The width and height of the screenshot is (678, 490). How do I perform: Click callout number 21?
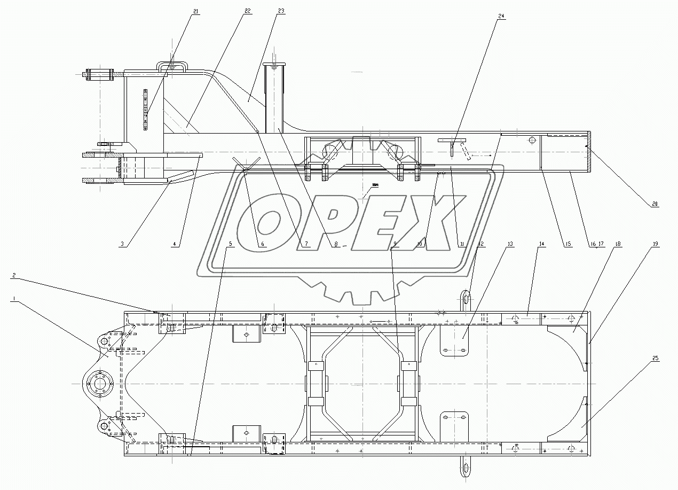(196, 11)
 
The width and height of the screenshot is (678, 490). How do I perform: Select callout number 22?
(247, 11)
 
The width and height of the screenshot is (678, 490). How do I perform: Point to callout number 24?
(501, 16)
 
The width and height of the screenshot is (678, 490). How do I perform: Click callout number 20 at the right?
(655, 203)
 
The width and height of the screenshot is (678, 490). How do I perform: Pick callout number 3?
(122, 244)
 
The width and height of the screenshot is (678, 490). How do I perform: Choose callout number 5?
(230, 244)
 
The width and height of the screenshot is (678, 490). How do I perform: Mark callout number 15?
(567, 244)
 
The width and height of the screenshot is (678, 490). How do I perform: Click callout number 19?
(655, 244)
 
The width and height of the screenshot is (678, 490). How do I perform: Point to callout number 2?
(15, 276)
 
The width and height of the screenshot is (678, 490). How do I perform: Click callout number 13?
(510, 244)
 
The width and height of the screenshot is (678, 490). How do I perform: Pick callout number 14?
(541, 244)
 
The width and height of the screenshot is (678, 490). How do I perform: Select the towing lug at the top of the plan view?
(466, 299)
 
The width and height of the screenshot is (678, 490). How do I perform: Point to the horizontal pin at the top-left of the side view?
(100, 74)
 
